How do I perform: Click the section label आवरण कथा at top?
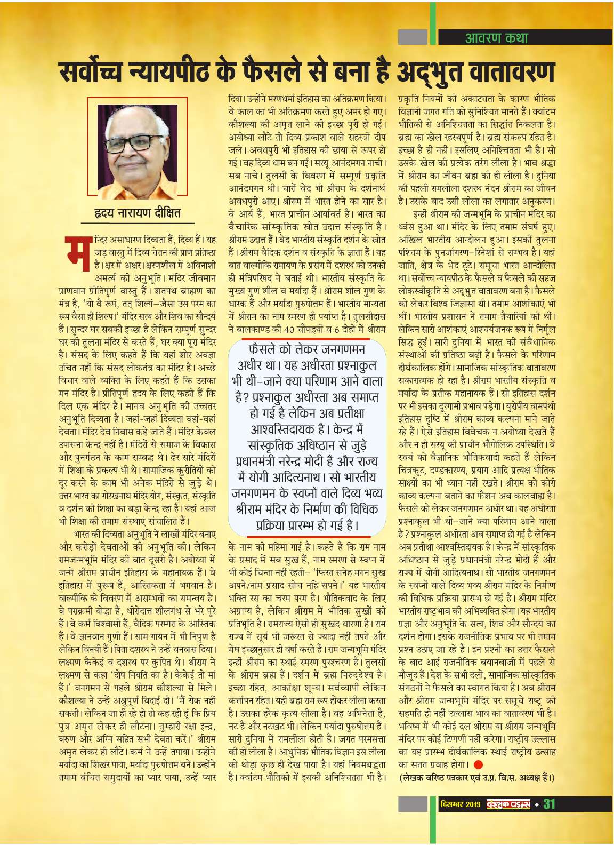496,37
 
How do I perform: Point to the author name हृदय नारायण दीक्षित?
138,212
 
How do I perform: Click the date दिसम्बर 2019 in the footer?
461,804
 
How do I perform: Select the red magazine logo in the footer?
508,804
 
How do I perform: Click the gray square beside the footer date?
413,804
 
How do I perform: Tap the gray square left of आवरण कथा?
413,37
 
